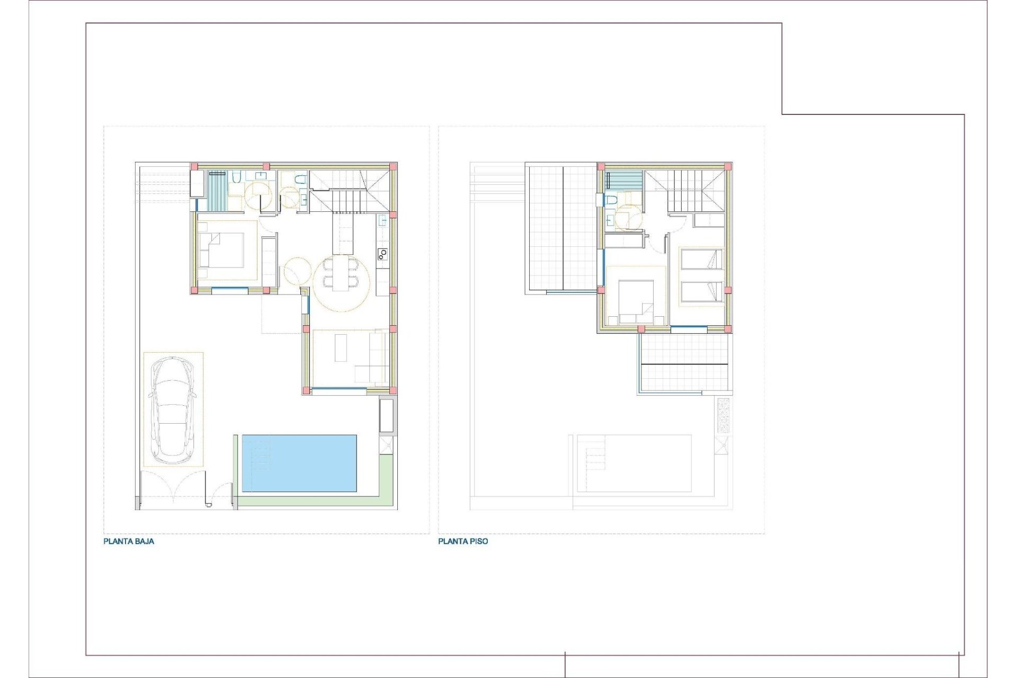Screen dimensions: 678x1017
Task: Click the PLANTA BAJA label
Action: click(129, 542)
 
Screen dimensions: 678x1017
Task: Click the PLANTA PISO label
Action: click(463, 542)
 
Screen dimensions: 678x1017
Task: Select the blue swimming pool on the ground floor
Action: click(299, 463)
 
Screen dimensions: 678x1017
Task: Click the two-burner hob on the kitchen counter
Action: click(382, 255)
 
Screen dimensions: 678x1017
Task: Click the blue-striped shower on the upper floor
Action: click(623, 180)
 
